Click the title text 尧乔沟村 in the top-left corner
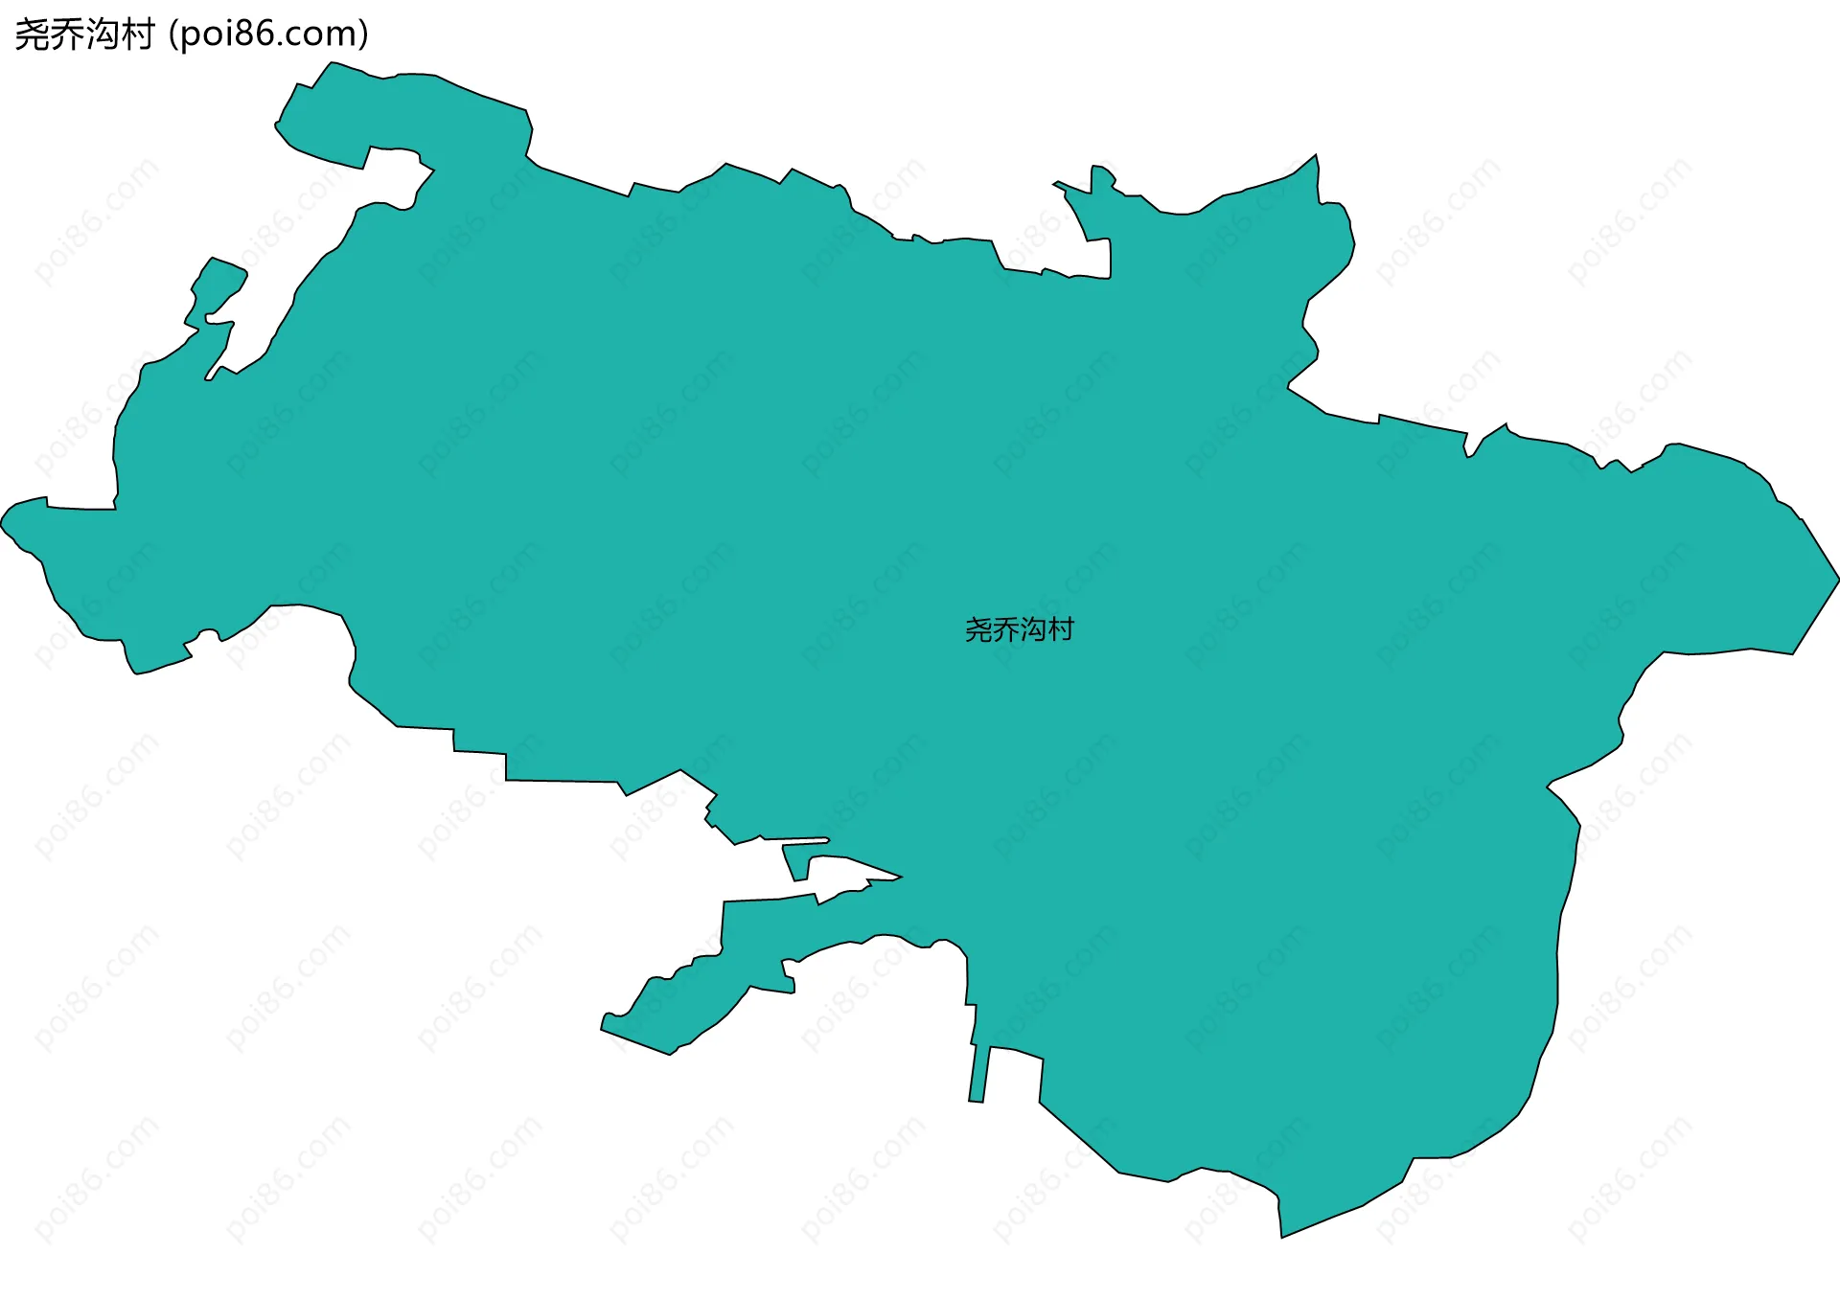click(x=84, y=34)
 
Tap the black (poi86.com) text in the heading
click(x=267, y=34)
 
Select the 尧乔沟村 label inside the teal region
click(x=1019, y=629)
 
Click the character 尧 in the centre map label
click(x=978, y=629)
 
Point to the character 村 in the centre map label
click(x=1061, y=629)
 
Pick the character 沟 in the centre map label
click(x=1033, y=629)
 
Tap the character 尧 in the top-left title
click(x=32, y=34)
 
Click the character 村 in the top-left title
click(x=137, y=34)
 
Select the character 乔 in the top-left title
click(x=67, y=34)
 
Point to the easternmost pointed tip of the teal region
click(x=1836, y=579)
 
